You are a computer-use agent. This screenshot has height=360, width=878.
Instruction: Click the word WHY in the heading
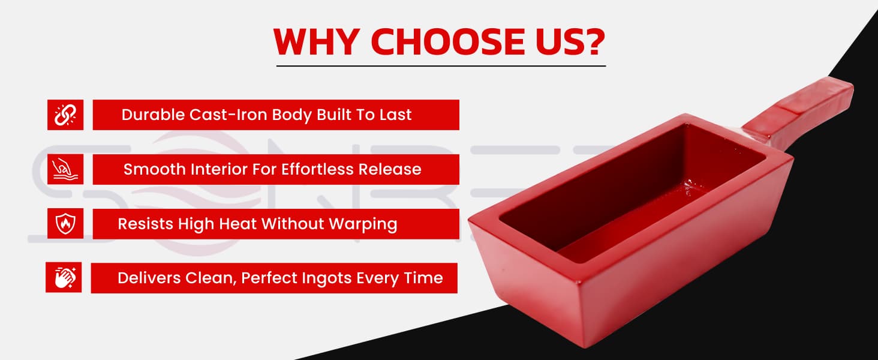pyautogui.click(x=317, y=41)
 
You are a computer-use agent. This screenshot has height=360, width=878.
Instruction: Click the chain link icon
pyautogui.click(x=65, y=115)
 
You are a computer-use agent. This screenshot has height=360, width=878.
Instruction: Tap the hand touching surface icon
pyautogui.click(x=65, y=169)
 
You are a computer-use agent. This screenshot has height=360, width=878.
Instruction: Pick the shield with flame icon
pyautogui.click(x=65, y=224)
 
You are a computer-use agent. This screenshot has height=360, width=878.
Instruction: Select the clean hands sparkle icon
pyautogui.click(x=64, y=278)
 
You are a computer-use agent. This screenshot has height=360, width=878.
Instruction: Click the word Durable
pyautogui.click(x=153, y=115)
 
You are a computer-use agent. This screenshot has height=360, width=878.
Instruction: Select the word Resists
pyautogui.click(x=145, y=224)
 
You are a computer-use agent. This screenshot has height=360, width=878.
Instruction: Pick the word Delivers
pyautogui.click(x=149, y=278)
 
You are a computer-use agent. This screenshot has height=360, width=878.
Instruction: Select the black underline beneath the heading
pyautogui.click(x=441, y=66)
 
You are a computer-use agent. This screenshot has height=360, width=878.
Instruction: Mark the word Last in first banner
pyautogui.click(x=395, y=115)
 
